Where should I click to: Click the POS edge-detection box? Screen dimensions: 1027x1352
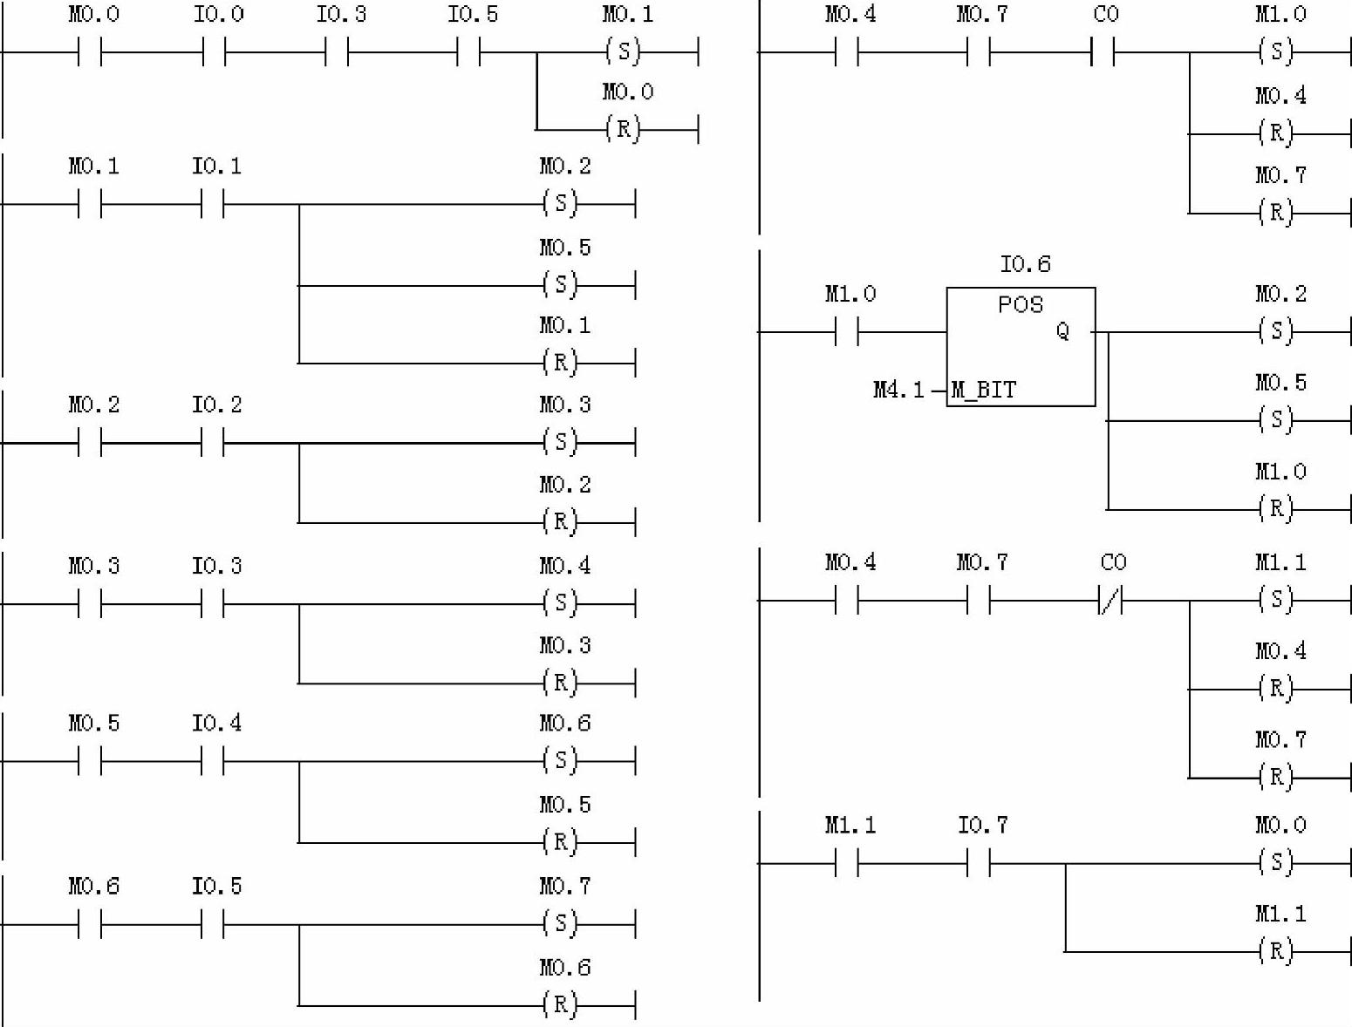pos(1021,346)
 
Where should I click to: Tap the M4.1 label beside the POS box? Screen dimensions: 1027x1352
pos(898,390)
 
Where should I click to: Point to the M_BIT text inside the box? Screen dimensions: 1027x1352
pos(984,390)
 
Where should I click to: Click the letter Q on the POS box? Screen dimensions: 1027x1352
pos(1062,331)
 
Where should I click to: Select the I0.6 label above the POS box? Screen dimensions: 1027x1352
pos(1025,264)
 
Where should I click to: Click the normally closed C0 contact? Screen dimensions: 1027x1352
pos(1110,601)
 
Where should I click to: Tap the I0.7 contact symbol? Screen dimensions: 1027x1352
pos(980,864)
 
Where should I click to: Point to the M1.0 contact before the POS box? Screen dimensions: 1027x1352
pos(847,332)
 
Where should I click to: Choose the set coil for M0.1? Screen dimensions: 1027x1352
pos(623,52)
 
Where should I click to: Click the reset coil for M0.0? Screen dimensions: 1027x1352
pos(623,130)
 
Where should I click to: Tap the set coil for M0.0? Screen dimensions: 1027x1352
pos(1276,863)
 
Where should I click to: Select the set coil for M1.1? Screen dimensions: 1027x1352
pos(1276,600)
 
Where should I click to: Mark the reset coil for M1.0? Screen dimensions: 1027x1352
pos(1276,508)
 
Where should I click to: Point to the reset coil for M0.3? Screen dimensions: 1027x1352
pos(560,683)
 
